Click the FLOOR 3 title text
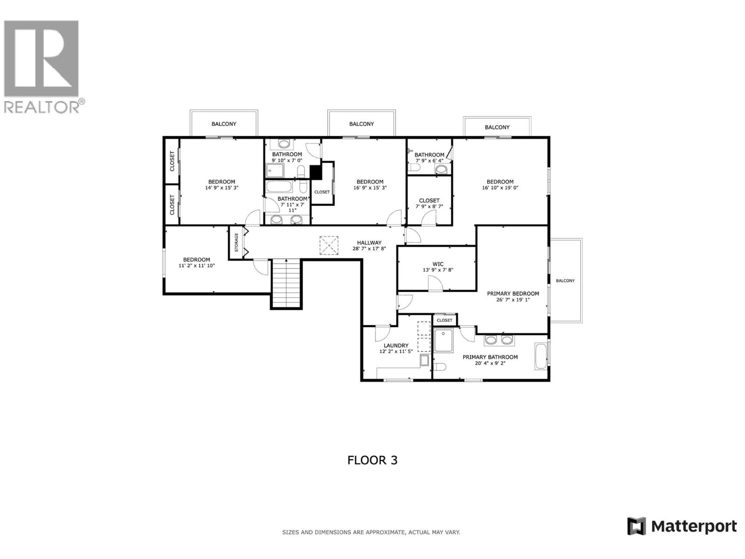pos(372,460)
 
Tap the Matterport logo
pos(682,526)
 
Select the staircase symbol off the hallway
pos(286,283)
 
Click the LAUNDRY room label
pos(396,346)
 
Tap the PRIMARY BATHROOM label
pos(490,357)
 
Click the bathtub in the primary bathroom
pos(541,356)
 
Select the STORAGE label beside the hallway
pos(236,242)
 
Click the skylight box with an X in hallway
pos(329,245)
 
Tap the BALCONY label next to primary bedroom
pos(565,281)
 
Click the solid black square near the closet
pos(316,172)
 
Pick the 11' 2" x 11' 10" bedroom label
pos(196,266)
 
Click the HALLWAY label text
pos(369,243)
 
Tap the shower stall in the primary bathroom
pos(443,340)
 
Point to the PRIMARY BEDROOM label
pos(513,293)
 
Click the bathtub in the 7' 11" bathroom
pos(279,187)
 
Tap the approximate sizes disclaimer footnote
pos(371,532)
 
